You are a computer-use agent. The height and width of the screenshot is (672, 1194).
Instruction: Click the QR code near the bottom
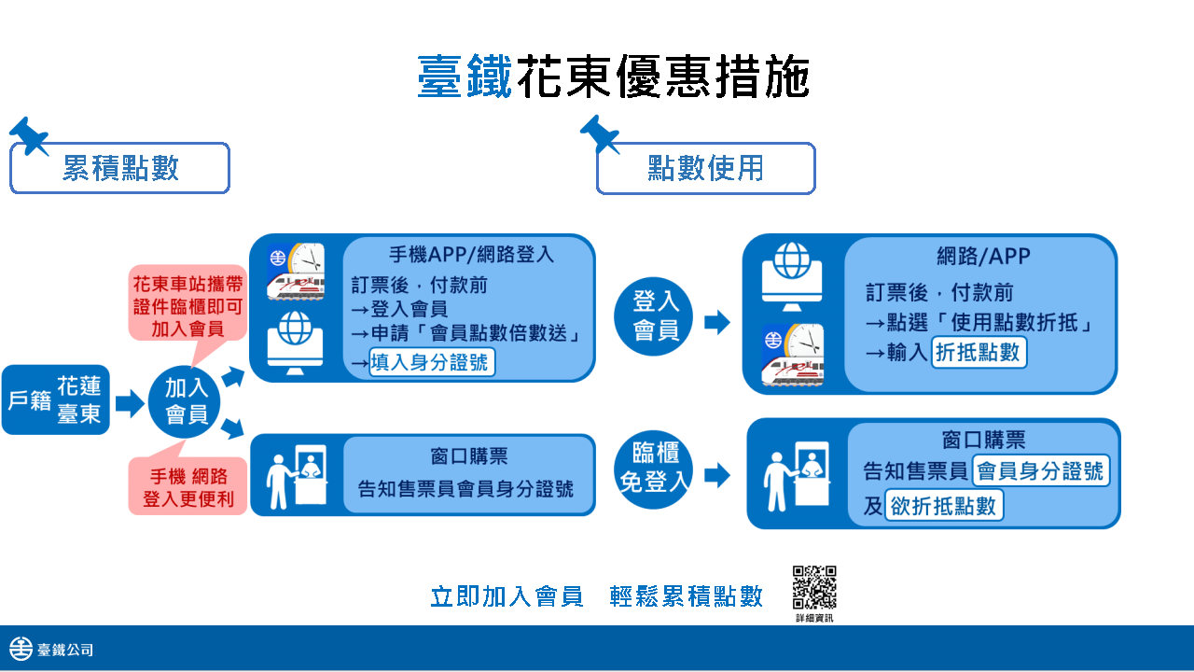(x=814, y=587)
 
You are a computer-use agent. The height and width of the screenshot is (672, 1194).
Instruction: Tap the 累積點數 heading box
(x=120, y=168)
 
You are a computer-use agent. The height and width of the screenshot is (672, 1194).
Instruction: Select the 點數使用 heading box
(x=706, y=168)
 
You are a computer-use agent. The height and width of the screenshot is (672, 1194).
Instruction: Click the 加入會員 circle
(x=185, y=402)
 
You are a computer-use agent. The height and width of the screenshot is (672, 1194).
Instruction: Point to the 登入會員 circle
(x=654, y=316)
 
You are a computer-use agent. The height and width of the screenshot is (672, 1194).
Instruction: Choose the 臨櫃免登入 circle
(x=654, y=469)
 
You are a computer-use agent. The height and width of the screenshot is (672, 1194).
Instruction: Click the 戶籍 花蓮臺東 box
(x=55, y=399)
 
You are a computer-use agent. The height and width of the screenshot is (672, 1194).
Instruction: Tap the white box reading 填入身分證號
(x=432, y=362)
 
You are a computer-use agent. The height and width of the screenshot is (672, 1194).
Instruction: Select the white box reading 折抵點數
(x=979, y=352)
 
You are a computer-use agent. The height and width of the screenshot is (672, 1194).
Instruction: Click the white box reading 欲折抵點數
(x=944, y=505)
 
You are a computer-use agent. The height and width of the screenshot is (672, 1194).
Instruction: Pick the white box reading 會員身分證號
(x=1041, y=470)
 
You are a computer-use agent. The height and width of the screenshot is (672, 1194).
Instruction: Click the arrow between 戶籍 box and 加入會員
(x=130, y=402)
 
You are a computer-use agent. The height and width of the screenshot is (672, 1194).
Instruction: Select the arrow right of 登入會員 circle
(x=717, y=322)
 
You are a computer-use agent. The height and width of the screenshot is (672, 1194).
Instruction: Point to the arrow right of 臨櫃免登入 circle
(x=717, y=475)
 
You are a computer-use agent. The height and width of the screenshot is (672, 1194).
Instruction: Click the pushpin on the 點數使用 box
(x=600, y=133)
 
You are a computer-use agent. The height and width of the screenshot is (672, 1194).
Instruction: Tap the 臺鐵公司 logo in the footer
(x=51, y=649)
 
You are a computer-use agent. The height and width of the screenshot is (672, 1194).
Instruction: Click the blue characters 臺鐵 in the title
(x=465, y=77)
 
